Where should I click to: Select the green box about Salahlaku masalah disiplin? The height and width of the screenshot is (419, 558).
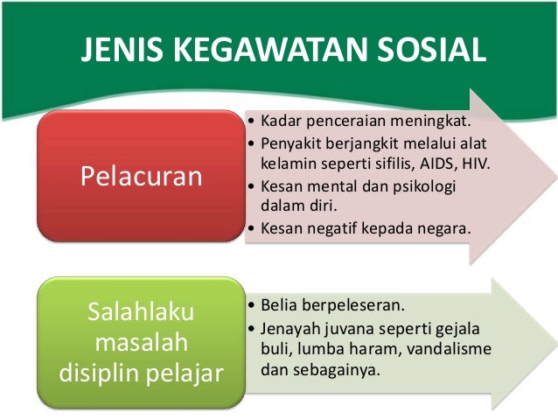click(x=141, y=343)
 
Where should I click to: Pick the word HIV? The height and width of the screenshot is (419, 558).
click(x=473, y=164)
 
